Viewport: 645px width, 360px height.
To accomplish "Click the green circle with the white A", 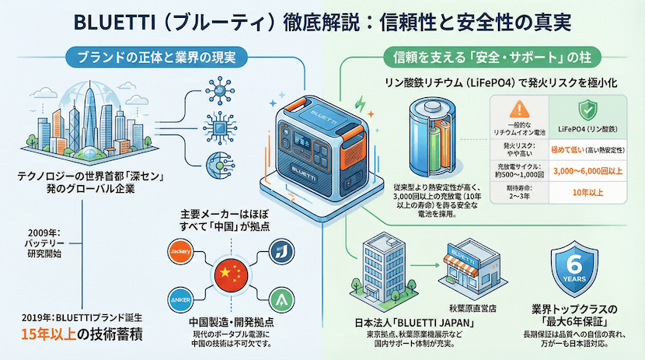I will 280,300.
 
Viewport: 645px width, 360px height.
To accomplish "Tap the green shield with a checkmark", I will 588,109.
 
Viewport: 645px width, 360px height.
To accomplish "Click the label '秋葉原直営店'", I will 475,308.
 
